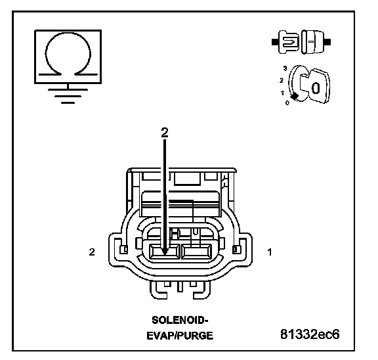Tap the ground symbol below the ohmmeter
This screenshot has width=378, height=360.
(x=68, y=96)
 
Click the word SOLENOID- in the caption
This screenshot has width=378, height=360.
(x=180, y=320)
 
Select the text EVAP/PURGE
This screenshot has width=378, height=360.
(x=180, y=336)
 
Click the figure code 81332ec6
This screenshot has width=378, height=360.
(x=310, y=334)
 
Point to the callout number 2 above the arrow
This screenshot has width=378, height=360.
(x=165, y=133)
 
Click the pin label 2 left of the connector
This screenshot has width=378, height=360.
(x=92, y=252)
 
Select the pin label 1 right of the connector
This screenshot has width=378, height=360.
(x=270, y=252)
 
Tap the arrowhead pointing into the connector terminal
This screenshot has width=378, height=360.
(x=165, y=252)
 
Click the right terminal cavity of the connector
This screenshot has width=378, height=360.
(x=196, y=252)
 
